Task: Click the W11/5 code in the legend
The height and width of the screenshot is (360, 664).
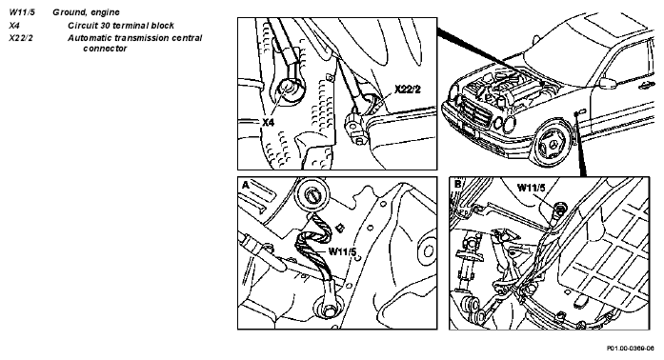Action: tap(22, 12)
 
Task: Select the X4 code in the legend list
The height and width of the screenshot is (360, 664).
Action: tap(14, 26)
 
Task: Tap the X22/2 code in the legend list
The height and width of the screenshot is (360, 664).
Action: tap(21, 38)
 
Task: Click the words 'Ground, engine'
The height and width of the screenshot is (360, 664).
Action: tap(86, 12)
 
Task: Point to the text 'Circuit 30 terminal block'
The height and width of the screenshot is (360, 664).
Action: tap(121, 26)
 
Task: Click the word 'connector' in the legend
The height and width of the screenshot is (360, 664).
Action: tap(105, 49)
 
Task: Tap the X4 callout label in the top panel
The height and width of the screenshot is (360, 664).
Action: tap(268, 122)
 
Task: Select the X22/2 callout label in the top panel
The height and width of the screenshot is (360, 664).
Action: tap(408, 90)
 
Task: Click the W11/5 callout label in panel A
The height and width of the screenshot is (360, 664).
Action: tap(343, 251)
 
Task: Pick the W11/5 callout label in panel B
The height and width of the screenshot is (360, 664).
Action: tap(532, 188)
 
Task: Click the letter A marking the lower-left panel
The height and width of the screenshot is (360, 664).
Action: tap(246, 185)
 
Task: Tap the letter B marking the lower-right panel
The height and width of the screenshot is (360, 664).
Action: tap(457, 185)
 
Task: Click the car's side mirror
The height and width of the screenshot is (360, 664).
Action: tap(607, 84)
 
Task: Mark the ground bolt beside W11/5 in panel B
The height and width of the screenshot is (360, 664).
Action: tap(560, 208)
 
